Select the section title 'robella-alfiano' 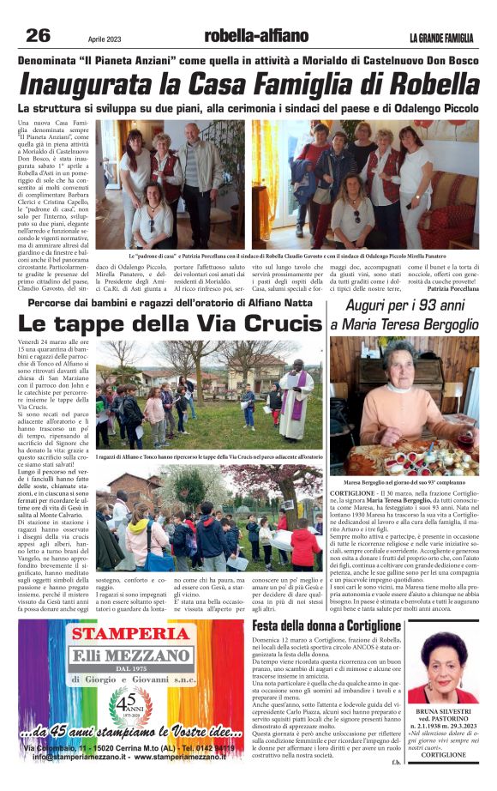coord(255,36)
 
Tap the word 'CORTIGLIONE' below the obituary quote coord(443,754)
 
